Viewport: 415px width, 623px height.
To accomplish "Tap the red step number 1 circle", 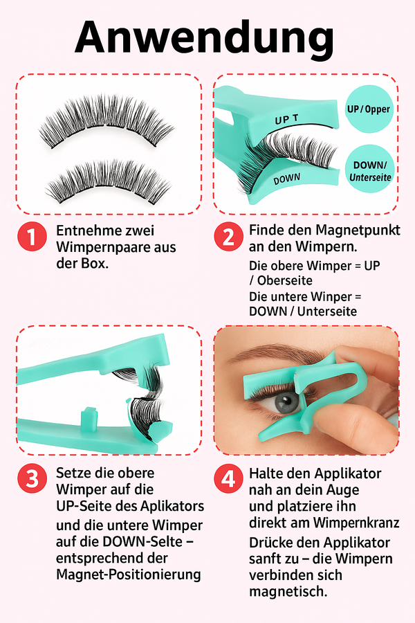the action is pos(33,237).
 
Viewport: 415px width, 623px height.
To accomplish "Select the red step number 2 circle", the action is pos(228,237).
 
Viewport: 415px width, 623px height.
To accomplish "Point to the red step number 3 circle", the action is pos(33,478).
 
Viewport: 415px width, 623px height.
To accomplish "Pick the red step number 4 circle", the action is pos(228,478).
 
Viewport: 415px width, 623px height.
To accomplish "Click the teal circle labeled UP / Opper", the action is pos(369,109).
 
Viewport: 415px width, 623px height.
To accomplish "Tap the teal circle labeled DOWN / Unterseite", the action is pos(369,170).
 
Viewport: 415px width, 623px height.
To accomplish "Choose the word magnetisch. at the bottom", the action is pos(288,592).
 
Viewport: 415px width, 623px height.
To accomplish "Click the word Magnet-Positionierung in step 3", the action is pos(128,575).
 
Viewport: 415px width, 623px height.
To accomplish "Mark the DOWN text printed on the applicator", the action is pos(286,179).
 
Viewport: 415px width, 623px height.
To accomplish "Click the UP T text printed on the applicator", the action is pos(286,119).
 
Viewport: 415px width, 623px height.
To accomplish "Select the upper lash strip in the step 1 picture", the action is pos(106,120).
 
